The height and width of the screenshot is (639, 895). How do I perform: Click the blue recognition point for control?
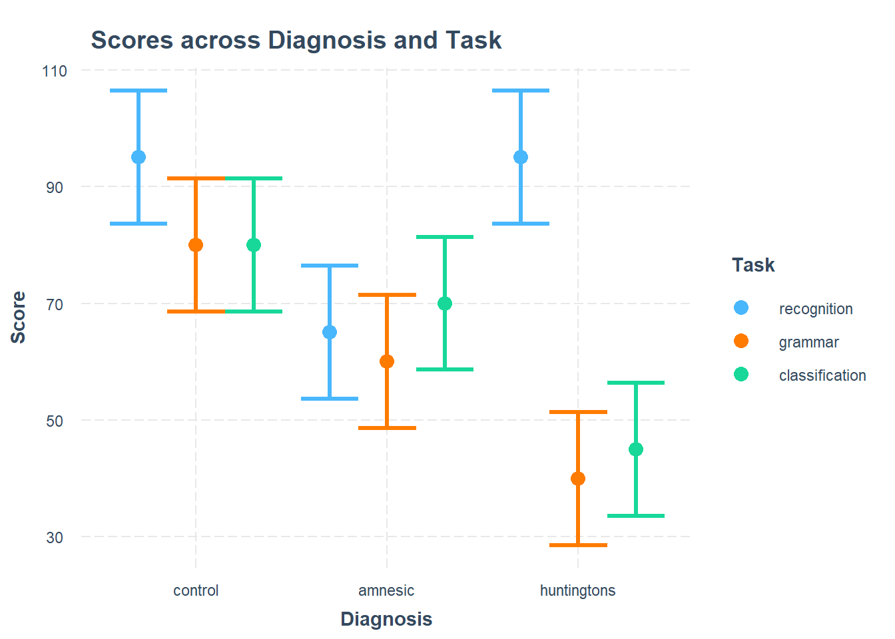click(x=139, y=157)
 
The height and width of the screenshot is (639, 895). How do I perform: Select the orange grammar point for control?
click(x=196, y=245)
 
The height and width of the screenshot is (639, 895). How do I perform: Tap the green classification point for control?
click(x=254, y=245)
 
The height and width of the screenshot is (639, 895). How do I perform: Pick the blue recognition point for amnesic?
click(x=330, y=332)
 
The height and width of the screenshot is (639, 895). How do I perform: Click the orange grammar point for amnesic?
click(x=387, y=361)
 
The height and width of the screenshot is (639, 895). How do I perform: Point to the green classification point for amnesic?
click(x=445, y=304)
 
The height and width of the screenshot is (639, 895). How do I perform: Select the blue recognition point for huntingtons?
click(x=521, y=157)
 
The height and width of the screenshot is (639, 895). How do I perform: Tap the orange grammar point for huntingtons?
click(x=578, y=479)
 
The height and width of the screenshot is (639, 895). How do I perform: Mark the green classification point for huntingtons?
click(x=636, y=449)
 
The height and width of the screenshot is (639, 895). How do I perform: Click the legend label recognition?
click(x=815, y=309)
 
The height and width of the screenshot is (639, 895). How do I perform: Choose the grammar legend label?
click(x=808, y=342)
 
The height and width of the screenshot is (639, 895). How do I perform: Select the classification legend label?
click(x=822, y=375)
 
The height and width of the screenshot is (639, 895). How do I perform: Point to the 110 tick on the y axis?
click(x=55, y=71)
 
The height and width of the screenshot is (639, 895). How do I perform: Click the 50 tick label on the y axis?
click(x=55, y=421)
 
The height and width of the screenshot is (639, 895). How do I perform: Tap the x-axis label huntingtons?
click(x=577, y=590)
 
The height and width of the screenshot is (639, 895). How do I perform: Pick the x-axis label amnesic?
click(x=386, y=590)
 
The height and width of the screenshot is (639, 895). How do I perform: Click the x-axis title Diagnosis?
click(x=386, y=619)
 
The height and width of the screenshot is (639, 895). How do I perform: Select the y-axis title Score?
click(x=19, y=318)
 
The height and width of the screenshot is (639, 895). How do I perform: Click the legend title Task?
click(x=753, y=265)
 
